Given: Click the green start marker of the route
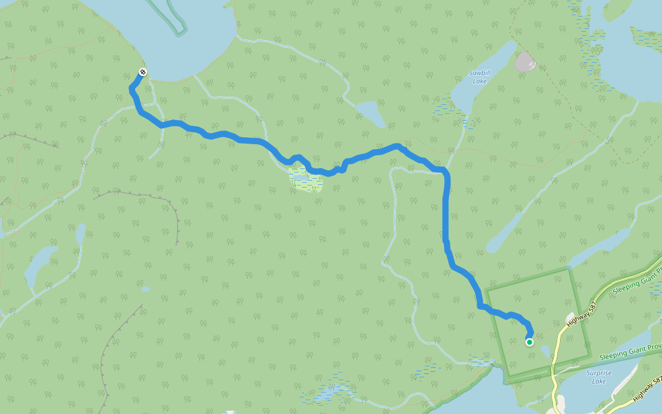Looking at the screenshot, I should [x=529, y=342].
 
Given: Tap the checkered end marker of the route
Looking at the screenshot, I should [x=143, y=72].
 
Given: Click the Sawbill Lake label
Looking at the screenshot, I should [x=478, y=77].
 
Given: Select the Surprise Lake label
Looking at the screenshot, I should [x=599, y=377].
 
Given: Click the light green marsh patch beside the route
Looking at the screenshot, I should [x=305, y=180].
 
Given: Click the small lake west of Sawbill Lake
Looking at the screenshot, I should [x=370, y=112].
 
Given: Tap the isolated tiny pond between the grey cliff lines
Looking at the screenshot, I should [x=146, y=289].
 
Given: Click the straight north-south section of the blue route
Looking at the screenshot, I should [x=446, y=207].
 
